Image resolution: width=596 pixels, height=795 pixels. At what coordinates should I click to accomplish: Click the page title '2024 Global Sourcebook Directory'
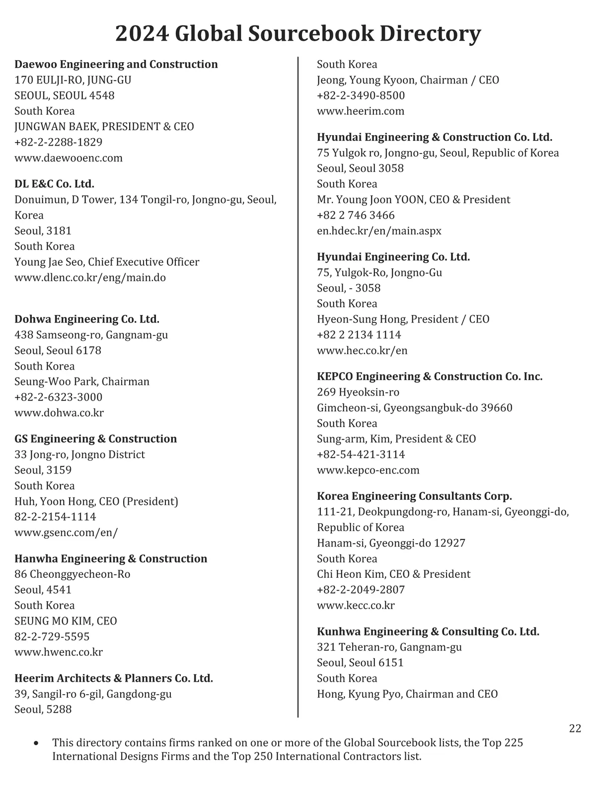tap(298, 34)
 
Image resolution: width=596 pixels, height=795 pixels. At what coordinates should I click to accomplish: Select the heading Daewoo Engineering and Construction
tap(116, 64)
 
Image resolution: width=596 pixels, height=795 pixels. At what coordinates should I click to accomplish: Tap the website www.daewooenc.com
tap(68, 158)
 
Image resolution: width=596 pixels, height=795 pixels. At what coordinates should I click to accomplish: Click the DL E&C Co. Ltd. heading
tap(54, 184)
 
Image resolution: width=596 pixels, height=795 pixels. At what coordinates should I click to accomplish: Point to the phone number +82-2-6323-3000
tap(58, 397)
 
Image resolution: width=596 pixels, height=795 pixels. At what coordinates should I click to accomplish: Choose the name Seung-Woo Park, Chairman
tap(82, 382)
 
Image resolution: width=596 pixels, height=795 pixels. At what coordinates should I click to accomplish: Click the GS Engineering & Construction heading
tap(95, 439)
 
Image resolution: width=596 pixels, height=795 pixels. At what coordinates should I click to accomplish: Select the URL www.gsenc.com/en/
tap(66, 532)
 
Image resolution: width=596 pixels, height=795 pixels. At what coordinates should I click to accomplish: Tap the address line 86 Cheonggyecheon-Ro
tap(72, 574)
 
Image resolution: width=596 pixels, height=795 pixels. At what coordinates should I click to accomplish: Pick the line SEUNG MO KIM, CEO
tap(66, 621)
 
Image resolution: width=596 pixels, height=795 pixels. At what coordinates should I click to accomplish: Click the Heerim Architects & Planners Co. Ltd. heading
tap(114, 678)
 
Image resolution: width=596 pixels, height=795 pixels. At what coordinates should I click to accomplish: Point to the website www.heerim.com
tap(361, 111)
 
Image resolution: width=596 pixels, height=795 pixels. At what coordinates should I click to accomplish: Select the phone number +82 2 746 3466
tap(356, 215)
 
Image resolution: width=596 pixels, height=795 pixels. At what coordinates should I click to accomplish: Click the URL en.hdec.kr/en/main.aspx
tap(379, 231)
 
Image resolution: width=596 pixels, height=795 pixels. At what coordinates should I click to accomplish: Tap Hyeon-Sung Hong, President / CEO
tap(403, 319)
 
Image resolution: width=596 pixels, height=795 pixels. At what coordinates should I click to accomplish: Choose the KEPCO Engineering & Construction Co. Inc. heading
tap(430, 376)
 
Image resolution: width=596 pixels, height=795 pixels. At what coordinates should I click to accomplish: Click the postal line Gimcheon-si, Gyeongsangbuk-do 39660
tap(415, 407)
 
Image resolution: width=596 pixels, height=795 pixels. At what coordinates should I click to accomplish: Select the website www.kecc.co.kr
tap(356, 605)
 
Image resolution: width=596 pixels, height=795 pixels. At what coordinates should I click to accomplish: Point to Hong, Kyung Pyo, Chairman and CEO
tap(407, 694)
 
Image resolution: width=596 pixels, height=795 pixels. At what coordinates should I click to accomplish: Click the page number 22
tap(575, 728)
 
